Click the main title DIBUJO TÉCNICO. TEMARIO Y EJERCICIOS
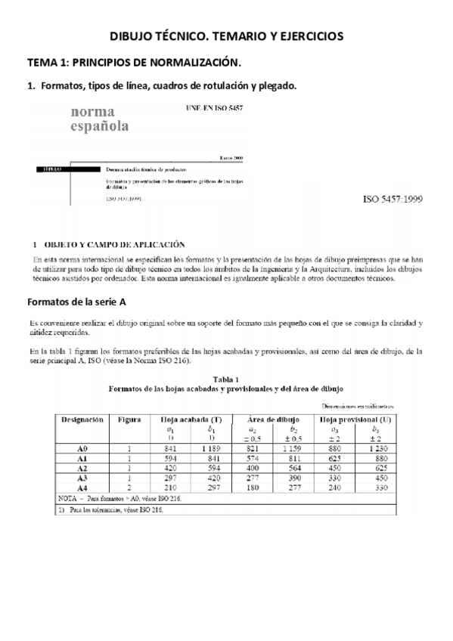pos(226,36)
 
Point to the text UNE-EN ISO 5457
pos(214,108)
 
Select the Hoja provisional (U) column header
pos(355,417)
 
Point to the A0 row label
pos(83,448)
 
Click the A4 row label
pos(83,488)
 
